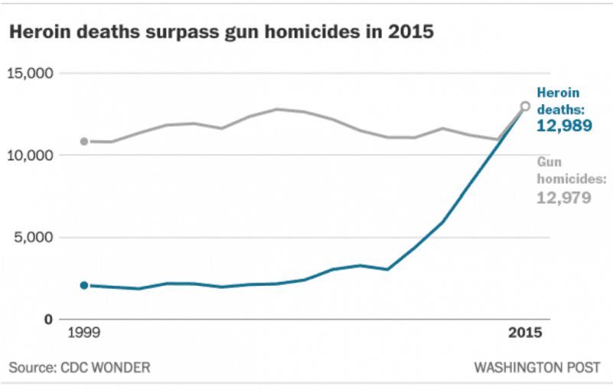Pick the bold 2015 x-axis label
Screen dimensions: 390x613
point(526,333)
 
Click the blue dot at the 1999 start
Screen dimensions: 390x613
point(84,285)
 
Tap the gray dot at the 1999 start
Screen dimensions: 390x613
point(84,142)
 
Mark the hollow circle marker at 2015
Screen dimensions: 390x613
point(525,107)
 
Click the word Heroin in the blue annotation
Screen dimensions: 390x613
point(558,93)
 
